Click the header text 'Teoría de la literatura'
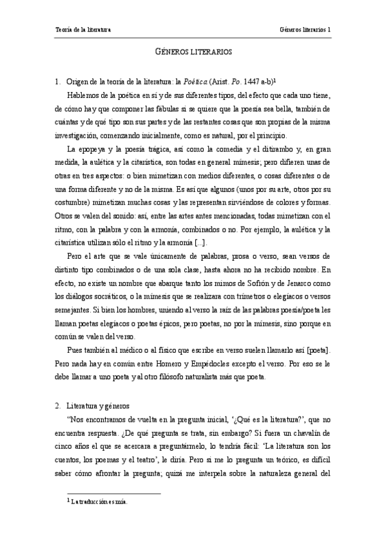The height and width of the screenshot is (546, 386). point(82,30)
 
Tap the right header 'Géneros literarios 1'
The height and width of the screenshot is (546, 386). point(305,30)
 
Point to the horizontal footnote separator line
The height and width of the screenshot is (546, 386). point(107,494)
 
